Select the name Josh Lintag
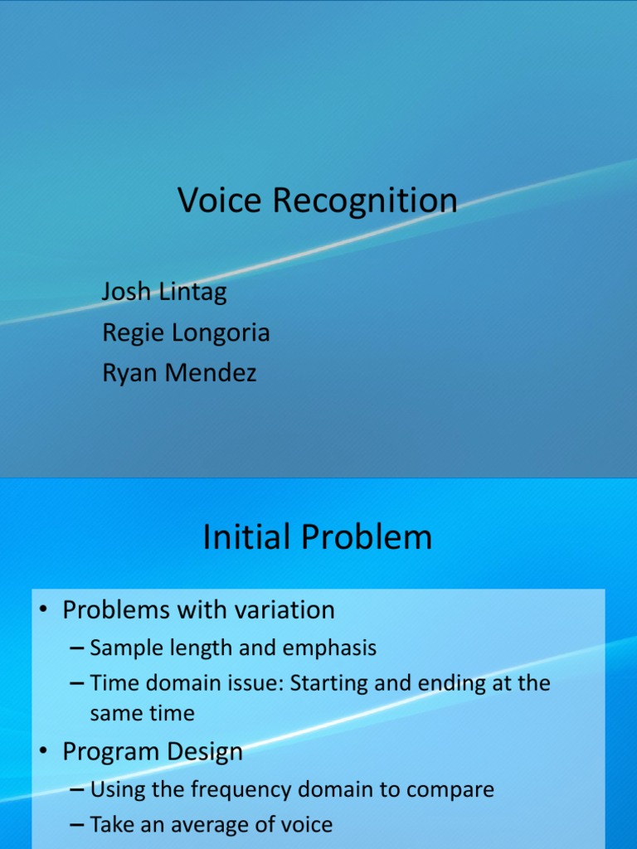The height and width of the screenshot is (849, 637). click(x=164, y=292)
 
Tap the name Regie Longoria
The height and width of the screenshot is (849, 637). click(x=186, y=332)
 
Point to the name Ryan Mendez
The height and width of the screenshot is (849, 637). click(x=179, y=373)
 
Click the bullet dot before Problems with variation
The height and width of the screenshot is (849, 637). click(x=46, y=611)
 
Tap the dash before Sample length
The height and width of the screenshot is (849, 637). click(x=77, y=648)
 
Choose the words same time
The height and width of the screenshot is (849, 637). click(x=143, y=713)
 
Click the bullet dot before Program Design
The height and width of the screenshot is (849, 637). click(x=46, y=753)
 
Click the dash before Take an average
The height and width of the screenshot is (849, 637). click(x=77, y=825)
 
